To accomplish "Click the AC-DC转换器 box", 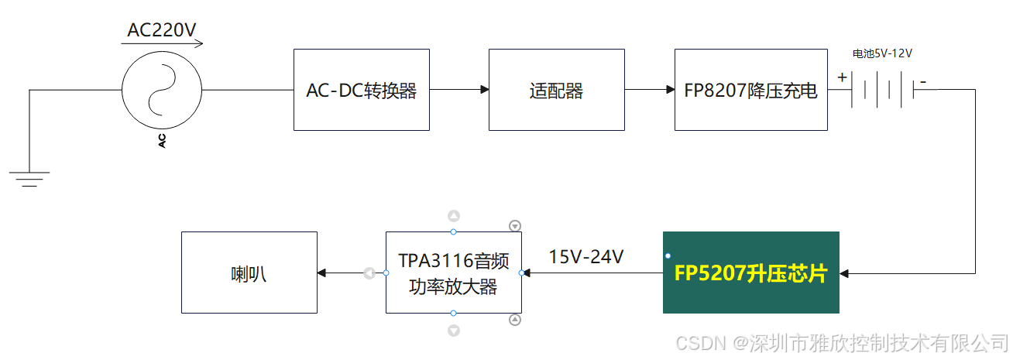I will pyautogui.click(x=361, y=90).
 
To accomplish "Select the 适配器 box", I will pyautogui.click(x=556, y=90).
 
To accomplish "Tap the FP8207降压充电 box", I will pyautogui.click(x=750, y=90).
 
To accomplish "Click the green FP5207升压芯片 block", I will pyautogui.click(x=750, y=273).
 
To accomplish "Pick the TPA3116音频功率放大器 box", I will pyautogui.click(x=453, y=273).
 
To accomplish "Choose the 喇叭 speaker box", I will pyautogui.click(x=249, y=273).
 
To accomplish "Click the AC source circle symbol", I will pyautogui.click(x=162, y=90).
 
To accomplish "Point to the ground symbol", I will pyautogui.click(x=29, y=179).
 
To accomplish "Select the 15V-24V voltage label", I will pyautogui.click(x=586, y=256).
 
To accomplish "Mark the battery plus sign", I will pyautogui.click(x=842, y=77).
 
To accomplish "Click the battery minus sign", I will pyautogui.click(x=922, y=80).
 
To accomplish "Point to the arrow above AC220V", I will pyautogui.click(x=162, y=44).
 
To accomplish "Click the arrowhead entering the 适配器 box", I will pyautogui.click(x=484, y=90).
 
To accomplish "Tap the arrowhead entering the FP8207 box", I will pyautogui.click(x=670, y=90).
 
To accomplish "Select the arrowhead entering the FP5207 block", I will pyautogui.click(x=844, y=273).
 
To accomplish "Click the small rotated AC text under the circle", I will pyautogui.click(x=162, y=140).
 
